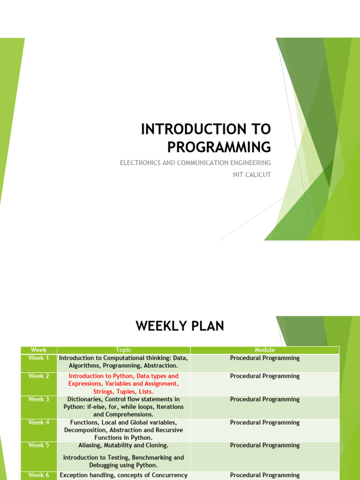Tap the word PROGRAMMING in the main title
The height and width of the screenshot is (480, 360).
(x=219, y=147)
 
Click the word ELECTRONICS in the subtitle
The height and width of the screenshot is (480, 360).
(x=140, y=163)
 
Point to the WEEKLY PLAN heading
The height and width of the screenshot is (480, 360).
(x=180, y=326)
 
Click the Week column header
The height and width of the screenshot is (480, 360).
(x=38, y=350)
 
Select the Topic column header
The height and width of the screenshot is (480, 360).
(x=124, y=350)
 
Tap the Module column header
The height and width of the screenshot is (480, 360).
(x=265, y=350)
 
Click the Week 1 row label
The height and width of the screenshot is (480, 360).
(x=38, y=358)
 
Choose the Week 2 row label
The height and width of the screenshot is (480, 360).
(x=38, y=376)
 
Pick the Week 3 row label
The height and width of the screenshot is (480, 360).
(x=38, y=399)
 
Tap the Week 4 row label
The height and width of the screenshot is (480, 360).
(x=38, y=422)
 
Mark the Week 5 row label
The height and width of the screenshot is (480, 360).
(x=38, y=445)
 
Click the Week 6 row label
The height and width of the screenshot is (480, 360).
(x=38, y=475)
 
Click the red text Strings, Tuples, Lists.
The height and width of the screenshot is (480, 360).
(x=124, y=391)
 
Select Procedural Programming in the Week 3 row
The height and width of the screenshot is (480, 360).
(x=265, y=399)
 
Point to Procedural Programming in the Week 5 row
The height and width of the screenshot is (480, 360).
(x=265, y=445)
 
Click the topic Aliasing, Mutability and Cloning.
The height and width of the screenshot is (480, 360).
(x=124, y=445)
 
